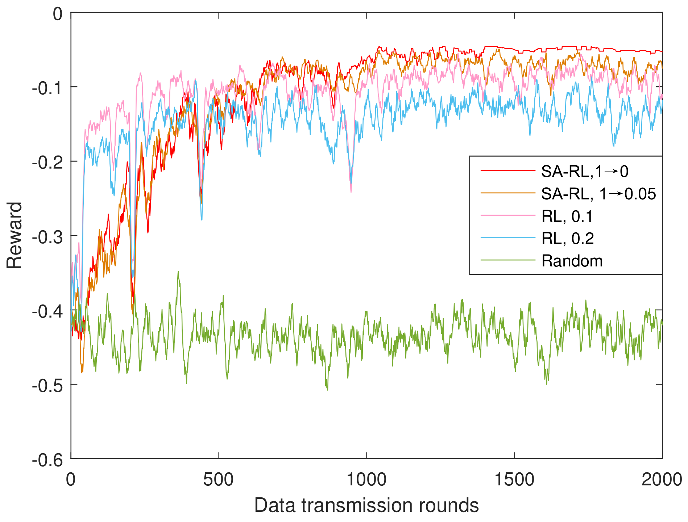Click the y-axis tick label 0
(x=58, y=14)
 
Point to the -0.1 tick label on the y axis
(x=47, y=88)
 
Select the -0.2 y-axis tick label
(x=47, y=163)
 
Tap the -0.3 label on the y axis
(x=47, y=237)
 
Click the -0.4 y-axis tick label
(x=47, y=311)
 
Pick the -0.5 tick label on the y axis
(x=47, y=386)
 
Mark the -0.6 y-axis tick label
(x=47, y=460)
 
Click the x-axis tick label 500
(x=218, y=480)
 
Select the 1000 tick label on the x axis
(x=366, y=480)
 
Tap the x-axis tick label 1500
(x=514, y=480)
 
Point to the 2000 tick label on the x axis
(x=662, y=480)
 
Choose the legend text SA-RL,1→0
(x=585, y=171)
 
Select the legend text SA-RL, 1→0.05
(x=598, y=194)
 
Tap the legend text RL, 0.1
(x=567, y=217)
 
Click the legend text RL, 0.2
(x=568, y=239)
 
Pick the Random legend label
(x=572, y=261)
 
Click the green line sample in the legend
(x=508, y=261)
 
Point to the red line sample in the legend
(x=508, y=170)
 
